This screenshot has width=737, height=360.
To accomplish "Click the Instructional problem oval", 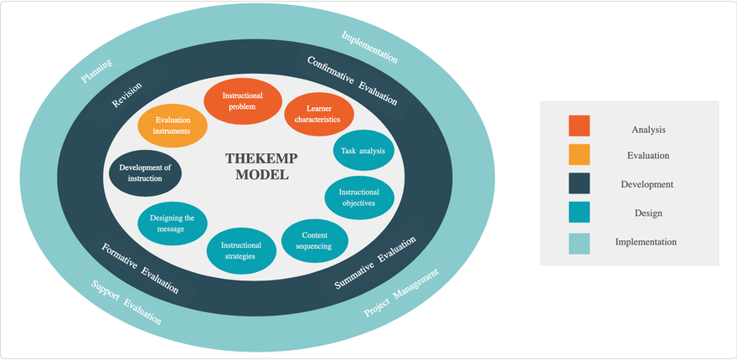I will (x=242, y=101).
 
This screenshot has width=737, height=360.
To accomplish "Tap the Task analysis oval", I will (x=363, y=152).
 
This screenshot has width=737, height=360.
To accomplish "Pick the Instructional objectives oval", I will (x=358, y=198).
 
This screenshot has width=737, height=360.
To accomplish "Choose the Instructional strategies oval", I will (x=241, y=250).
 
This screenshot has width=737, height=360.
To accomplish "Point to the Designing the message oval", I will (x=172, y=224).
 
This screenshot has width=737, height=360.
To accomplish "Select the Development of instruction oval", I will (x=146, y=173).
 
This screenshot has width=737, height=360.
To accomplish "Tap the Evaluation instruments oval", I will (x=173, y=126).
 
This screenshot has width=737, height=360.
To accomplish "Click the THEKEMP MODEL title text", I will (x=261, y=167).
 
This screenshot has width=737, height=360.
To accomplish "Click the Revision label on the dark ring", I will (x=127, y=95).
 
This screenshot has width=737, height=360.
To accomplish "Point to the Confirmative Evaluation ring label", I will (x=353, y=80).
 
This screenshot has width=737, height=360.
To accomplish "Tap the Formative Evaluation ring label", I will (x=140, y=269).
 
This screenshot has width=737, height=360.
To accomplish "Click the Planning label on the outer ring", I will (x=96, y=71).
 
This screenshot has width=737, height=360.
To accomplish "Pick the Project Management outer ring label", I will (x=401, y=293).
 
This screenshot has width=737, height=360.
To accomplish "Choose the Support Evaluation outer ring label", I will (x=126, y=301).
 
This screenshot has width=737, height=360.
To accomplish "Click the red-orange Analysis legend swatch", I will (x=579, y=126).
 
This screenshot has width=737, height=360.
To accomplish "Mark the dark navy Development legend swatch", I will (x=579, y=183).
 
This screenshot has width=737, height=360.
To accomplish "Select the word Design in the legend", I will (x=648, y=213).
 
